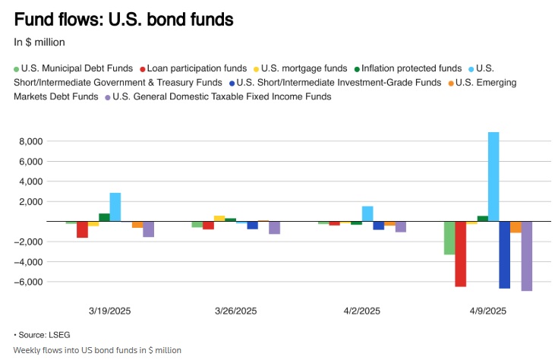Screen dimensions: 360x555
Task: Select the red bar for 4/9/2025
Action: [460, 254]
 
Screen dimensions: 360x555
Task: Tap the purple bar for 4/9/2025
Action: [526, 256]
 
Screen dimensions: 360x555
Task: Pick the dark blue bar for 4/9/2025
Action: [504, 254]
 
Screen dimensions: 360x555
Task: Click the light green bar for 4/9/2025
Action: [449, 238]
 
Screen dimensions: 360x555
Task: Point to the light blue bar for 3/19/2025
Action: [115, 207]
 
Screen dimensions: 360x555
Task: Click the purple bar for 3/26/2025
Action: [274, 227]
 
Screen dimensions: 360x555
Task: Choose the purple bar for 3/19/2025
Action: [148, 229]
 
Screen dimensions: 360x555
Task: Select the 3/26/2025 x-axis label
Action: [235, 311]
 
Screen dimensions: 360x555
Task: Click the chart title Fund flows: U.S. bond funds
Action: [124, 17]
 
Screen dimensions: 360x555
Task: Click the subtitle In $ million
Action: [39, 42]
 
